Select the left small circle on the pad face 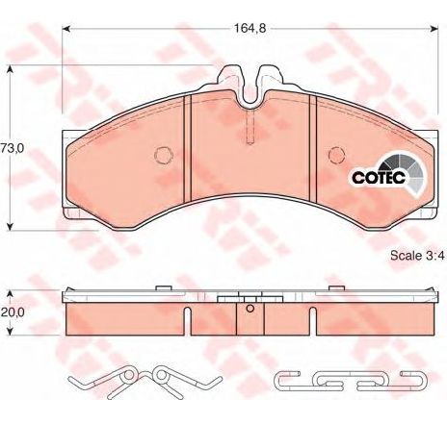click(162, 154)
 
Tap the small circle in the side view click(249, 310)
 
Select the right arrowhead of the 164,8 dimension click(428, 28)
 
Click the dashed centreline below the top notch click(250, 125)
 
